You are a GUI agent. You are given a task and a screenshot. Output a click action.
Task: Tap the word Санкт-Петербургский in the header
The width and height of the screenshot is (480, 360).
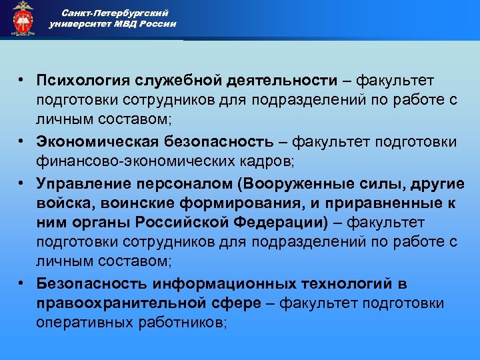point(111,13)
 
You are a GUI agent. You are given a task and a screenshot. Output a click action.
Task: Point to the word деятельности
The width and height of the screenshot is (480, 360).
point(280,81)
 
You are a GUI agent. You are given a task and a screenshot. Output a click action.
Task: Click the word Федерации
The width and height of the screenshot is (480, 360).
point(287,223)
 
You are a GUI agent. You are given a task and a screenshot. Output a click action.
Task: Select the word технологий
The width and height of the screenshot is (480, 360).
point(347,284)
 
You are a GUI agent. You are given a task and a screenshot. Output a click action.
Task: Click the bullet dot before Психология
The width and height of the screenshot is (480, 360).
point(23,81)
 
